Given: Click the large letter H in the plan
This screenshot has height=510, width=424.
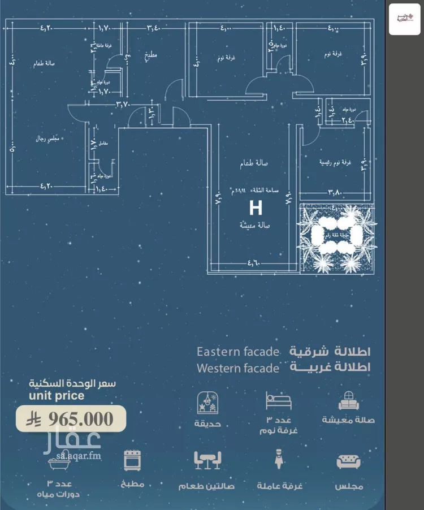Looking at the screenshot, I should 256,208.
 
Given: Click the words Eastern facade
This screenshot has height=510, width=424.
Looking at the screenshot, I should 237,352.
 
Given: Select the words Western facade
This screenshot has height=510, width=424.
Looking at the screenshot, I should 238,368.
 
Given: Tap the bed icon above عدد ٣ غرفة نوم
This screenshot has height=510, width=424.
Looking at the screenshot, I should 278,400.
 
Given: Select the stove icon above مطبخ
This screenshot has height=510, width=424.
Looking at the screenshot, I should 132,461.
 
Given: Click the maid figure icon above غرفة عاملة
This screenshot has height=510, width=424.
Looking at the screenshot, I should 279,461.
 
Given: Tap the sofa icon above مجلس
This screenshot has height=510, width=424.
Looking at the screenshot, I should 348,461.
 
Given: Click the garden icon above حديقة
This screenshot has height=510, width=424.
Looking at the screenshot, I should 207,400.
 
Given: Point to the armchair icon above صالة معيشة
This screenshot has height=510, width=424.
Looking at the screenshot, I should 348,400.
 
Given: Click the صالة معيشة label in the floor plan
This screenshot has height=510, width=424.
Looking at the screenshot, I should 254,225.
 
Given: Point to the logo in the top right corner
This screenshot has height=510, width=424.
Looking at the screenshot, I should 404,19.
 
